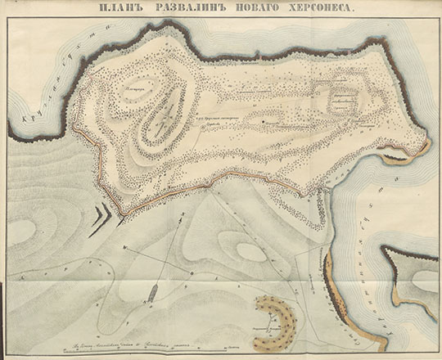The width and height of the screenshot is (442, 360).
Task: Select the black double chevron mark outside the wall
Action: pyautogui.click(x=104, y=215)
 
